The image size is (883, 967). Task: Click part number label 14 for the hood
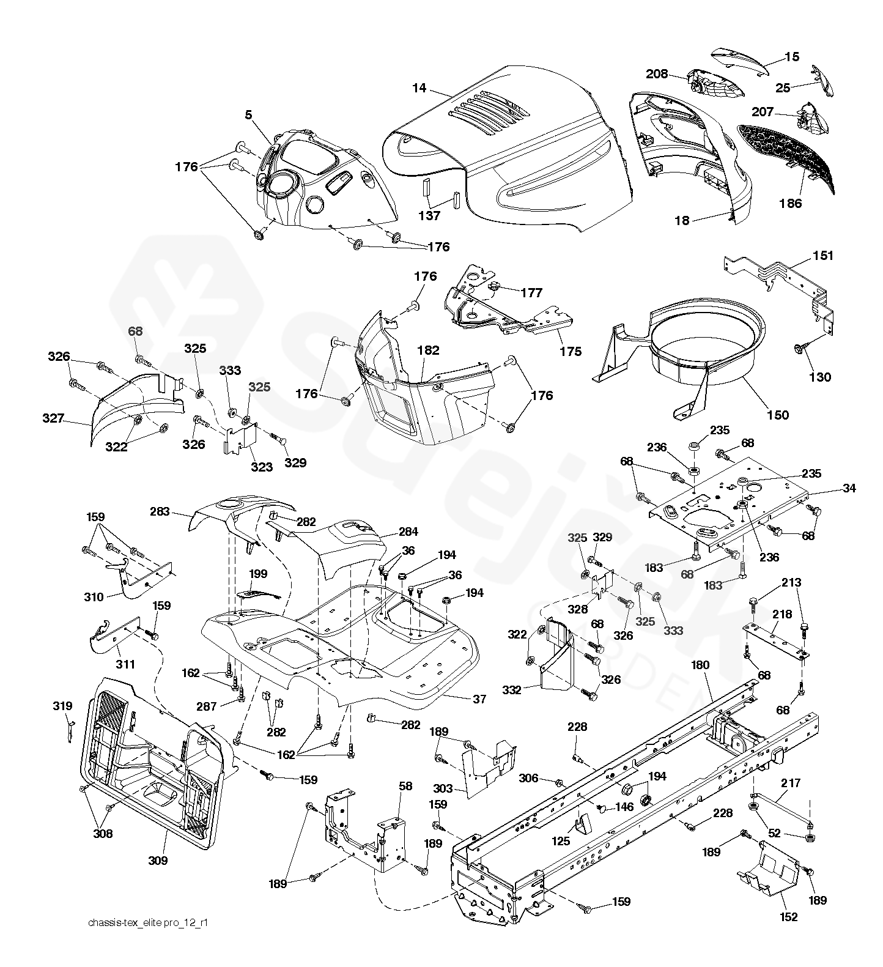pyautogui.click(x=419, y=88)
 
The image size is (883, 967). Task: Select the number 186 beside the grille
pyautogui.click(x=791, y=203)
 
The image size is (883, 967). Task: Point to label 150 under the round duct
pyautogui.click(x=778, y=415)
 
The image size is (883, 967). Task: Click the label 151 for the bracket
pyautogui.click(x=823, y=256)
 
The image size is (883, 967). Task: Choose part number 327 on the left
pyautogui.click(x=54, y=419)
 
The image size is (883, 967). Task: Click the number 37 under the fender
pyautogui.click(x=479, y=698)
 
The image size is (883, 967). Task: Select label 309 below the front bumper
pyautogui.click(x=157, y=861)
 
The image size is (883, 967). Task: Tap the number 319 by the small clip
pyautogui.click(x=63, y=706)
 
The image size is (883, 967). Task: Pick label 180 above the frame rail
pyautogui.click(x=701, y=664)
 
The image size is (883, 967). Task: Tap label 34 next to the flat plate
pyautogui.click(x=849, y=488)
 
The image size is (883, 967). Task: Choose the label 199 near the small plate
pyautogui.click(x=259, y=574)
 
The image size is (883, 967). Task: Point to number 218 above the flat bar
pyautogui.click(x=782, y=614)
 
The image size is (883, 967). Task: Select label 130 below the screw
pyautogui.click(x=819, y=377)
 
